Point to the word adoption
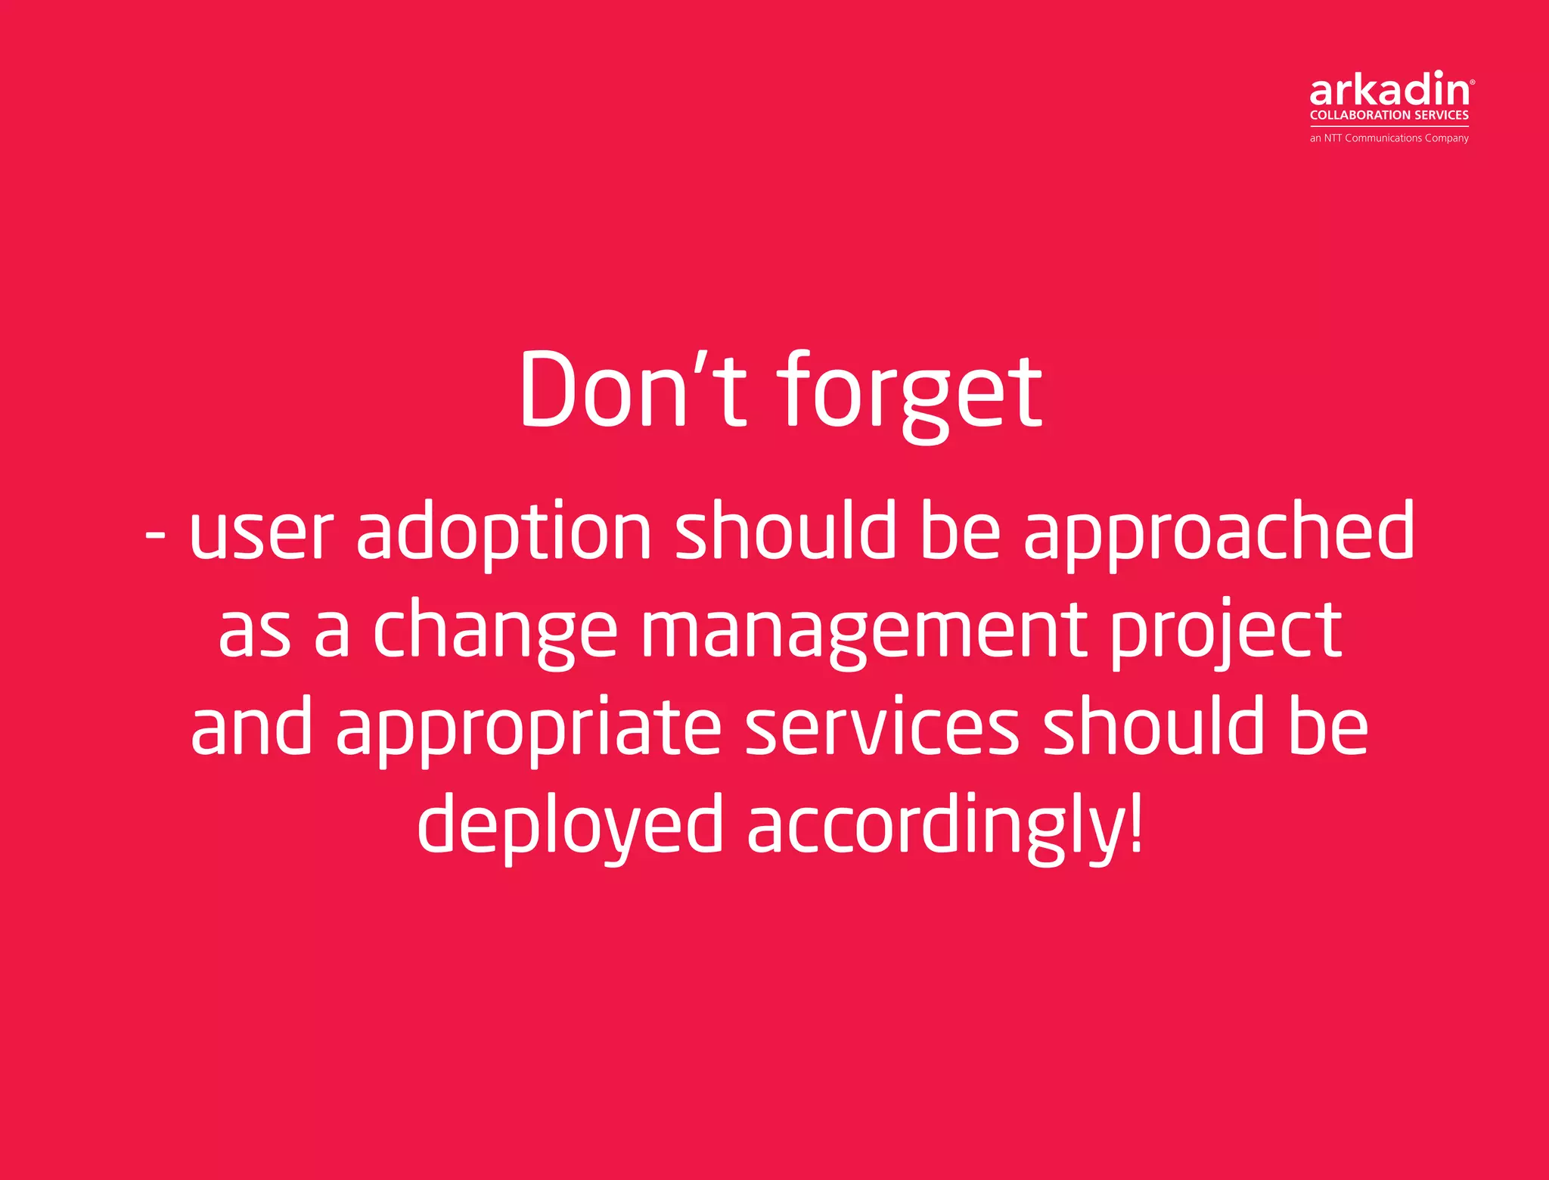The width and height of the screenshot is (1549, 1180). tap(504, 534)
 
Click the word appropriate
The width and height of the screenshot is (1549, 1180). tap(529, 729)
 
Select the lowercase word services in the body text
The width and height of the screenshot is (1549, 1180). tap(882, 728)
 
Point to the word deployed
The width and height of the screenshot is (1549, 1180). tap(570, 826)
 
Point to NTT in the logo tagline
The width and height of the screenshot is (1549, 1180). tap(1333, 138)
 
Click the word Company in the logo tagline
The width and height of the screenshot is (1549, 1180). tap(1446, 138)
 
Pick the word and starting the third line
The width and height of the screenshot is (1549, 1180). tap(251, 728)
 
